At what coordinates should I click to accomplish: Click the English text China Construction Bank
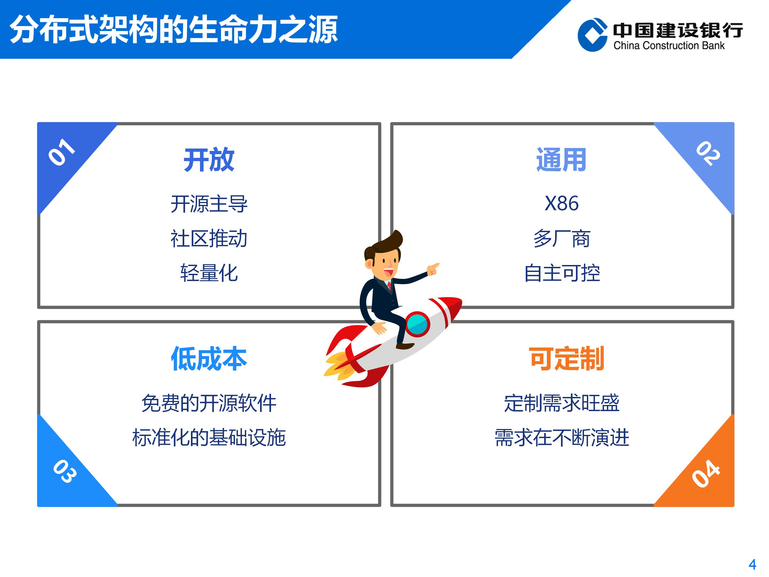click(x=669, y=46)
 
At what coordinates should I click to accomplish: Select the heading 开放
click(x=209, y=160)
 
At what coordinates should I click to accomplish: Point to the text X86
click(x=562, y=204)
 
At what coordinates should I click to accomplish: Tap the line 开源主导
click(x=209, y=204)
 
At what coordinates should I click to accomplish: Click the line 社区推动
click(x=209, y=239)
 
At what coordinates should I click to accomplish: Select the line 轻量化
click(x=209, y=273)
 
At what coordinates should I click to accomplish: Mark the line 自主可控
click(x=562, y=273)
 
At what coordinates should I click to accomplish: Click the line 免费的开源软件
click(x=209, y=403)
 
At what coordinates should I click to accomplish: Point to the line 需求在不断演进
click(x=562, y=438)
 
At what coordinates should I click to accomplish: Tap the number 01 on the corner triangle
click(x=62, y=152)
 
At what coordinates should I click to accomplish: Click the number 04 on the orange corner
click(x=706, y=473)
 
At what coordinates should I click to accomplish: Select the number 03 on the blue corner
click(x=65, y=471)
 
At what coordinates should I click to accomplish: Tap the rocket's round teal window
click(x=417, y=324)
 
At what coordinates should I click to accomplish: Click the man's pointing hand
click(x=433, y=269)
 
